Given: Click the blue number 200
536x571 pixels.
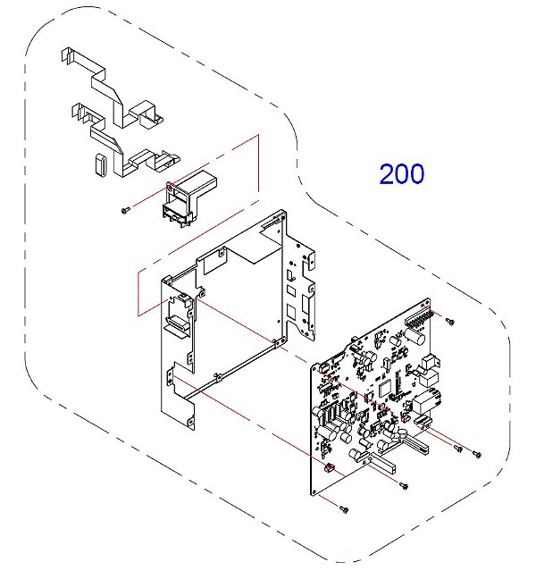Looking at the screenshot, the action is [x=402, y=173].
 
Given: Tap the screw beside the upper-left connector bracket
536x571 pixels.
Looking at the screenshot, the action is [x=125, y=210].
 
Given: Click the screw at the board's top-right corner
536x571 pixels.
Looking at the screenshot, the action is [x=450, y=321].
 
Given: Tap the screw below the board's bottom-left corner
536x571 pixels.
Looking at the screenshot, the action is [x=344, y=509].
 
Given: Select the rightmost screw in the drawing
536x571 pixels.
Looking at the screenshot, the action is [x=477, y=454].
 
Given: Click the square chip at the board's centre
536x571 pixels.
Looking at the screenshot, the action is [x=384, y=388].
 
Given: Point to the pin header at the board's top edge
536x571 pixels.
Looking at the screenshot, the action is [x=419, y=318].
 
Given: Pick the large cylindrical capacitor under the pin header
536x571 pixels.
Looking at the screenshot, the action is [x=416, y=337].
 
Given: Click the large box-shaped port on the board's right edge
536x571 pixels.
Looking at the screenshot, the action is [x=425, y=401].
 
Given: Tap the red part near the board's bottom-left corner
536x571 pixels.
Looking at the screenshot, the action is [x=329, y=466].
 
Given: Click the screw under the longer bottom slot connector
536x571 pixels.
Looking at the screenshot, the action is [x=404, y=485].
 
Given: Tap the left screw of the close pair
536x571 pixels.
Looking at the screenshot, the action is [x=458, y=449].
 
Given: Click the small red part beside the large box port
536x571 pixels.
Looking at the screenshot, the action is [x=404, y=419].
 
